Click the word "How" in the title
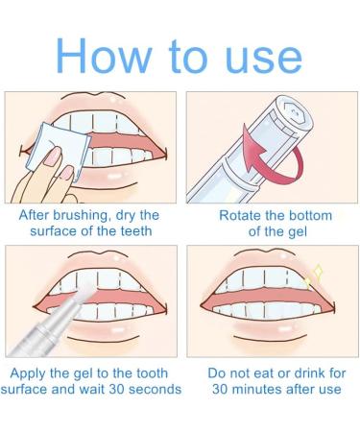point(104,56)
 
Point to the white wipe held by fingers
point(59,148)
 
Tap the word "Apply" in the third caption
point(29,373)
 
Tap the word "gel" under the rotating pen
point(298,232)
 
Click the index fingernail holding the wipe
point(52,156)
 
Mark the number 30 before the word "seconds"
point(117,390)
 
